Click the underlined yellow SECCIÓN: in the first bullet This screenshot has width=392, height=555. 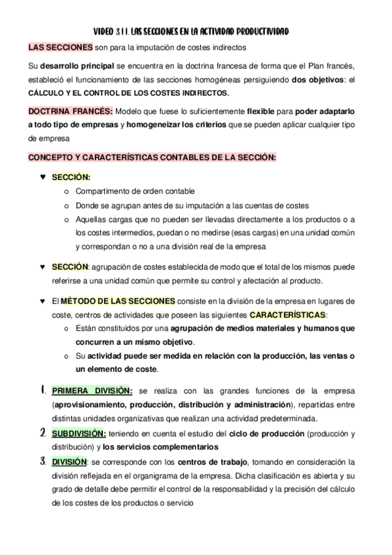[x=71, y=177]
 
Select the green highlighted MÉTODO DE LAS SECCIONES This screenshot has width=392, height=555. [x=118, y=301]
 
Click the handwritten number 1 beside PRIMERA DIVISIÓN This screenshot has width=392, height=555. [x=42, y=391]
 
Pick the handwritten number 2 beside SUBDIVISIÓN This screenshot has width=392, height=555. [x=43, y=433]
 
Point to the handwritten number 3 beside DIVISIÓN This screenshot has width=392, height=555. [x=42, y=461]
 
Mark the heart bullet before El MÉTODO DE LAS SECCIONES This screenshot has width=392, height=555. [x=42, y=302]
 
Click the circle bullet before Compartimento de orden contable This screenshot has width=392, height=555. [x=67, y=191]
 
